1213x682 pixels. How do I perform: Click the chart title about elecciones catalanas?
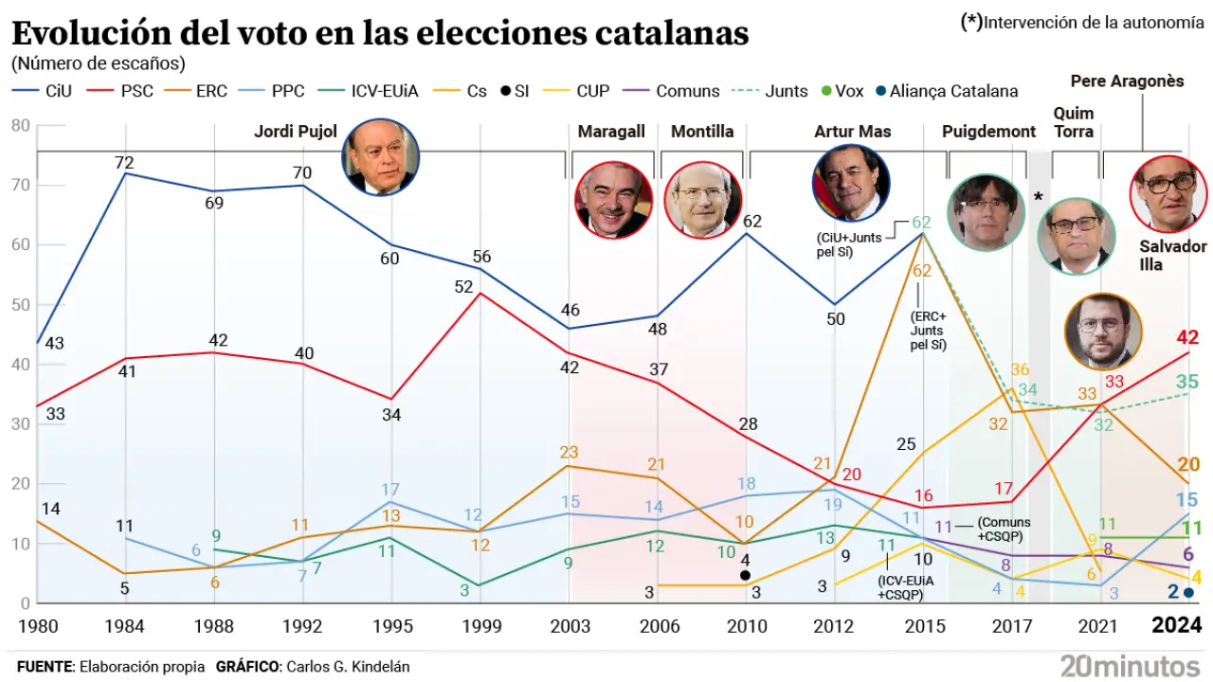380,34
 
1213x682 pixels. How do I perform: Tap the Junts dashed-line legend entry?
771,91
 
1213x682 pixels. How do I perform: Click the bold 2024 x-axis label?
1176,626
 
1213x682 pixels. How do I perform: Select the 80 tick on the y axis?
20,125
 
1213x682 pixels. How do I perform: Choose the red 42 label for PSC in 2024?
1188,338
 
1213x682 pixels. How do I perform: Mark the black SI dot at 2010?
745,575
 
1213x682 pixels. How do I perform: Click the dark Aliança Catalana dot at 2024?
1188,593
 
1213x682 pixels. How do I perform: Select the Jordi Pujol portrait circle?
380,157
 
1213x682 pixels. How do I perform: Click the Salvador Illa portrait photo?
1168,194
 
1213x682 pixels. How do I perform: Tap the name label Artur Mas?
852,132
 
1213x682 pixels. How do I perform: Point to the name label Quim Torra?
1073,122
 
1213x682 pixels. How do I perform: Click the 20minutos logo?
1130,665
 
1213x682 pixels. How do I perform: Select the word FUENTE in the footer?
45,666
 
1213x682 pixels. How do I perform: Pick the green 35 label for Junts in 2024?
1186,383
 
